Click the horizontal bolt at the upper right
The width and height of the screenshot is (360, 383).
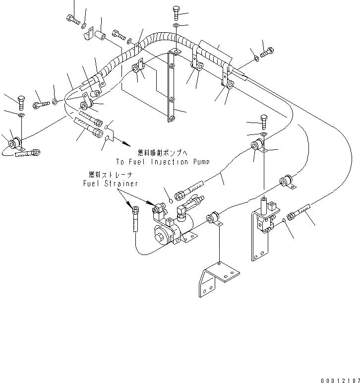(x=266, y=52)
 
